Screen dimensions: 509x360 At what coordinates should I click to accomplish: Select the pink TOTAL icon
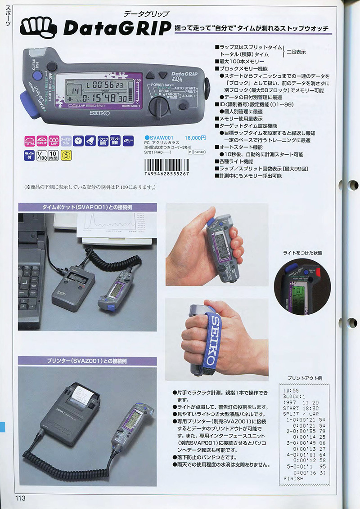(30, 141)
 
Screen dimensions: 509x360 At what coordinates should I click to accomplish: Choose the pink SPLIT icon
(42, 141)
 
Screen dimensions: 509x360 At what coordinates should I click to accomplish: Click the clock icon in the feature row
(79, 141)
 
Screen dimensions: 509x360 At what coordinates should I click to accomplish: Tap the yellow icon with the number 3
(66, 156)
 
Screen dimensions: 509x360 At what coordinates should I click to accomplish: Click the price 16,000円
(195, 138)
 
